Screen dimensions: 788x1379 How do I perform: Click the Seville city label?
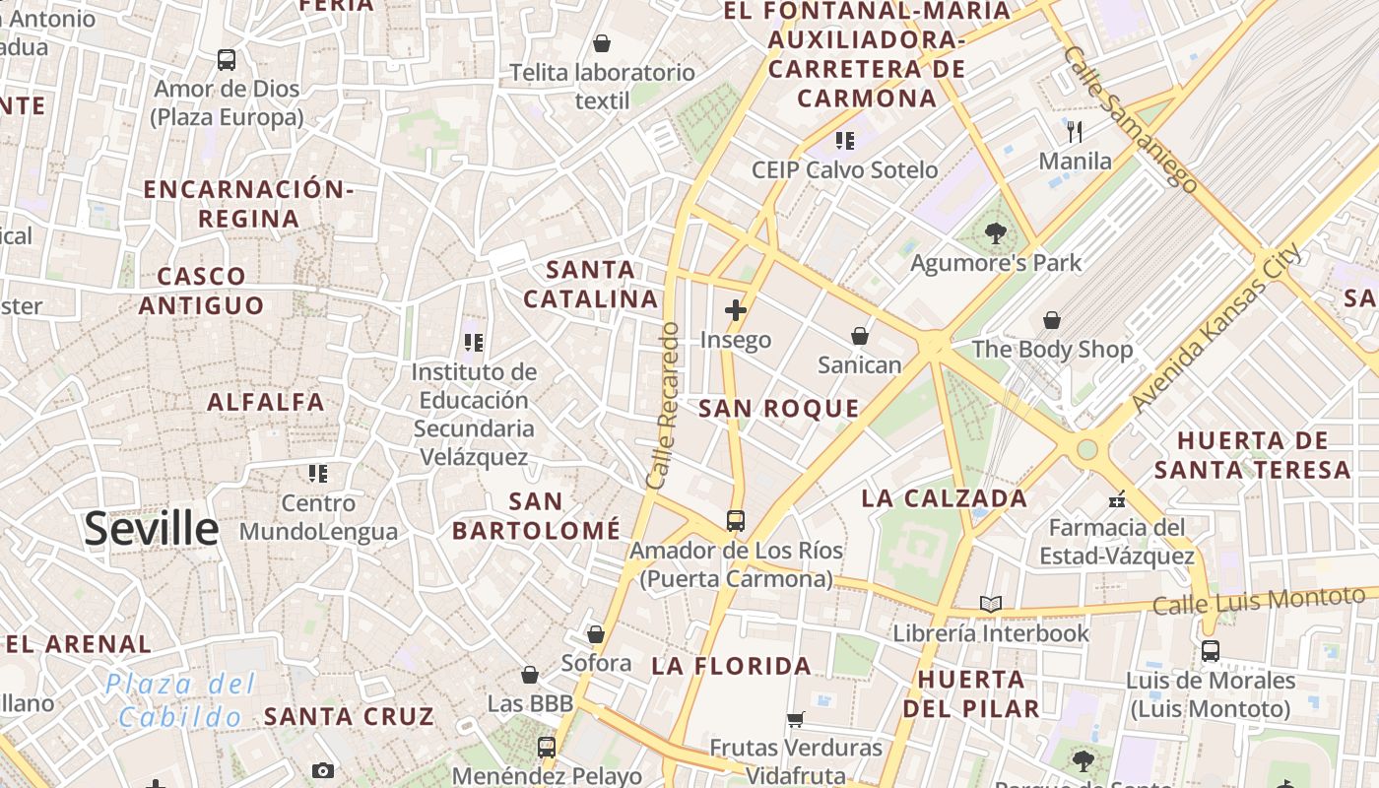point(151,529)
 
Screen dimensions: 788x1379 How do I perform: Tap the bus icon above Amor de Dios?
point(227,59)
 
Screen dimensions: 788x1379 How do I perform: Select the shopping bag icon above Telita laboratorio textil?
point(601,43)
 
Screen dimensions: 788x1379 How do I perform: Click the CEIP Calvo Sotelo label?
point(844,169)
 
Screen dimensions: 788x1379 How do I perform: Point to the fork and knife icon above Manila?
point(1075,131)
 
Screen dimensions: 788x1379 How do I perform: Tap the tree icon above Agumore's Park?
point(995,233)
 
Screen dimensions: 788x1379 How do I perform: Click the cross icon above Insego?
point(735,310)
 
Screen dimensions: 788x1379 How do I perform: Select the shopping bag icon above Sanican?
point(860,336)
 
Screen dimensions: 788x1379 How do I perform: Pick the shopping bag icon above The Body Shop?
point(1052,320)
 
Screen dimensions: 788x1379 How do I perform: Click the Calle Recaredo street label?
point(663,406)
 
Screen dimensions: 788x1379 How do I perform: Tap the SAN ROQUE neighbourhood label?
point(778,409)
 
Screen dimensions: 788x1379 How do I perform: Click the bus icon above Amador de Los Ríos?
point(736,521)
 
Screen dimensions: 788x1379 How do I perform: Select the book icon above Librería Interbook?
point(991,604)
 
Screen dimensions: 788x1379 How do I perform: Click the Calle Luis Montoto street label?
point(1259,601)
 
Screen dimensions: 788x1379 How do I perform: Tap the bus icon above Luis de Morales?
point(1210,651)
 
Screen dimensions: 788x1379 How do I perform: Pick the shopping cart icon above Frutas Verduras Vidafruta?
point(796,719)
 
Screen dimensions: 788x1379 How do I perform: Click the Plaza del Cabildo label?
point(180,700)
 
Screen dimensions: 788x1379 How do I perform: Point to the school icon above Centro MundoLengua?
point(317,474)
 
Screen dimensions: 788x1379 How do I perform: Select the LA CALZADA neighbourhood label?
point(944,498)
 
